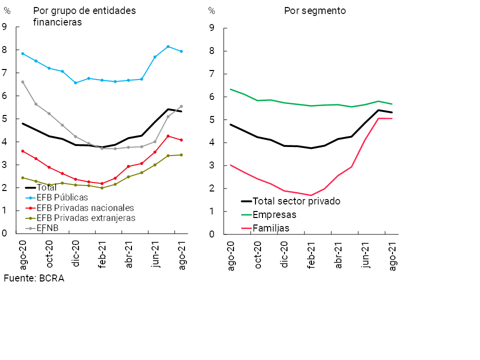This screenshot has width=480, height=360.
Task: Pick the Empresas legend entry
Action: [274, 215]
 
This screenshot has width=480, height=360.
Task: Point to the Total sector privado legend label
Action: [296, 201]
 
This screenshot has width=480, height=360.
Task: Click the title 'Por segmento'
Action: [314, 10]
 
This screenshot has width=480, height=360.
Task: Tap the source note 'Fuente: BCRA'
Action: [34, 278]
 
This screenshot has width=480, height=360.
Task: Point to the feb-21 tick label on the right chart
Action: [311, 255]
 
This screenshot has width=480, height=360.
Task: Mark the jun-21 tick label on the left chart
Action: [155, 254]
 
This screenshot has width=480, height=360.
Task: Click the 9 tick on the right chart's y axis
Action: [212, 28]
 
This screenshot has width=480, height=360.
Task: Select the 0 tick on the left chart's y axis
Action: [4, 233]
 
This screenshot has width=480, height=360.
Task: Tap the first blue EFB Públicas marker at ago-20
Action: [22, 53]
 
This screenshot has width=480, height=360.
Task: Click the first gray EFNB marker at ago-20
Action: [22, 81]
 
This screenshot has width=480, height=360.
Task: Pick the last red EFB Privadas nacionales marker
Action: [181, 140]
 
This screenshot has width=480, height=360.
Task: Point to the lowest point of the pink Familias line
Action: [311, 195]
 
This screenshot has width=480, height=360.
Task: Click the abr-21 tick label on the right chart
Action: [338, 255]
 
